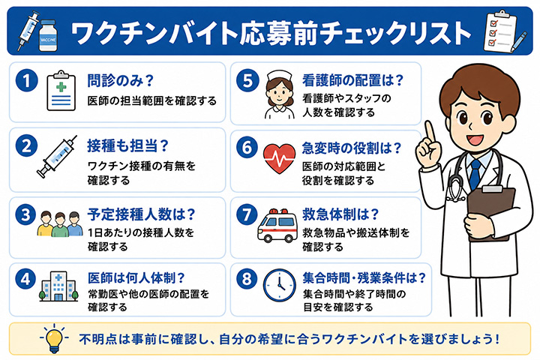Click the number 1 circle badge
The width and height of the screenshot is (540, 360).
tap(26, 80)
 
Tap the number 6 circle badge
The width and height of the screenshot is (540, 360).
tap(247, 148)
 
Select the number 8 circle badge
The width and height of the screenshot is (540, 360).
tap(247, 278)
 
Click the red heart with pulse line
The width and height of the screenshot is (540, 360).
tap(279, 158)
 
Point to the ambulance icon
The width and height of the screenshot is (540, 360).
tap(277, 225)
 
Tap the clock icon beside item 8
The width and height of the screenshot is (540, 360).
tap(279, 285)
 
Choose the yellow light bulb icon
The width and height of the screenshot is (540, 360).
tap(55, 338)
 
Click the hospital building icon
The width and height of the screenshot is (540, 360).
tap(58, 286)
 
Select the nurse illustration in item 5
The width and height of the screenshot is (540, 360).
tap(279, 94)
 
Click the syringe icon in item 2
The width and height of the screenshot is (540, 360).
tap(57, 157)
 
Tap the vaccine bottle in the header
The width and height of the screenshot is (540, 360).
tap(48, 35)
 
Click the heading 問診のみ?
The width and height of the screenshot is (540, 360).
tap(120, 80)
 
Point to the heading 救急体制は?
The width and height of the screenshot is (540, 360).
tap(340, 214)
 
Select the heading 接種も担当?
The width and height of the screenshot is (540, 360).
tap(127, 146)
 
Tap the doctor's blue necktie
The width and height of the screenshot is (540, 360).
tap(475, 175)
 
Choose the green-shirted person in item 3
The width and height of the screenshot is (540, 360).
tap(60, 224)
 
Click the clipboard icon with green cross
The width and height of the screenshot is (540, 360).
tap(61, 91)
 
